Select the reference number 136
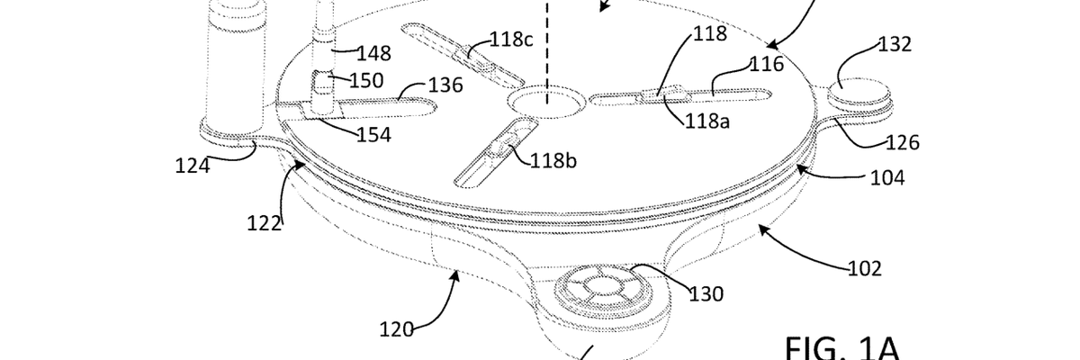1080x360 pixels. (x=445, y=85)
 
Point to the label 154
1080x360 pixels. (x=373, y=135)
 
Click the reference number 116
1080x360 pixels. (x=768, y=63)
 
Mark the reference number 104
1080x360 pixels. (x=886, y=178)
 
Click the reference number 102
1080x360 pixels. (x=864, y=267)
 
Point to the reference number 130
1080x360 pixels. (x=707, y=293)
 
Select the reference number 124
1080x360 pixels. (x=193, y=166)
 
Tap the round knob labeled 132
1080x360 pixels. (x=856, y=87)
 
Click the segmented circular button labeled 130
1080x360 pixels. (x=597, y=292)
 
